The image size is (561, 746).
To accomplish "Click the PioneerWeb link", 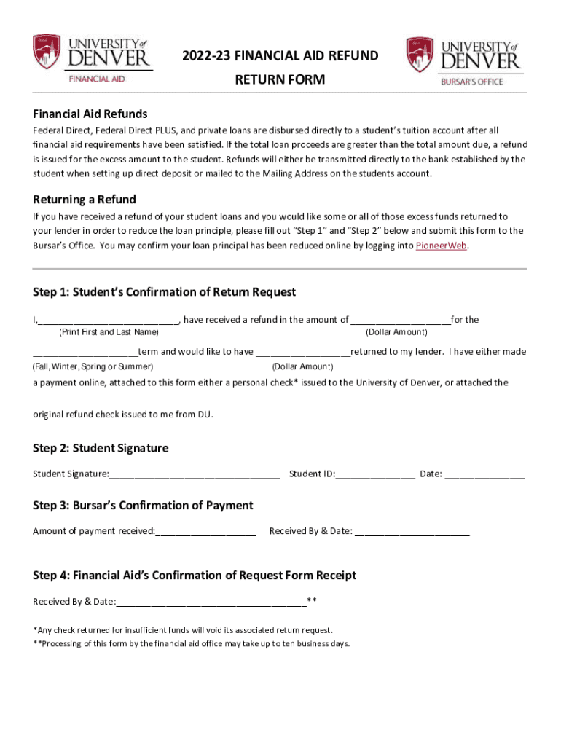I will pyautogui.click(x=442, y=246).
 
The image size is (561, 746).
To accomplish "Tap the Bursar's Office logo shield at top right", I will pyautogui.click(x=420, y=55).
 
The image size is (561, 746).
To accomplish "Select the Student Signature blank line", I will pyautogui.click(x=195, y=475).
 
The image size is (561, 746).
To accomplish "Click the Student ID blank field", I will pyautogui.click(x=375, y=475).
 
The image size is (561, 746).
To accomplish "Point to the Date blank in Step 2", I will pyautogui.click(x=484, y=475).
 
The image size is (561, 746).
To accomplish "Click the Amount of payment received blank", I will pyautogui.click(x=205, y=532).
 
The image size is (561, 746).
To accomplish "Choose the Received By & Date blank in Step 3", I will pyautogui.click(x=412, y=532).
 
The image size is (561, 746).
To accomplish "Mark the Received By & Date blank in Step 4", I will pyautogui.click(x=211, y=602).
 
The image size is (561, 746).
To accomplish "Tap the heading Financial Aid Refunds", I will pyautogui.click(x=90, y=114).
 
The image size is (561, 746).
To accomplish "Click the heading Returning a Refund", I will pyautogui.click(x=85, y=200).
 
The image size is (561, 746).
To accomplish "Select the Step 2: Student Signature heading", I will pyautogui.click(x=101, y=448).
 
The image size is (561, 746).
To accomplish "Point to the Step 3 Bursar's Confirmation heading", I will pyautogui.click(x=143, y=506).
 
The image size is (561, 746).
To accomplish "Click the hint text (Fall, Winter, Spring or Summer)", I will pyautogui.click(x=93, y=366).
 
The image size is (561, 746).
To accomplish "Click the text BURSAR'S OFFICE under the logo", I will pyautogui.click(x=471, y=82).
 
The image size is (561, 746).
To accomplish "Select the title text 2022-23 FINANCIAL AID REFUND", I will pyautogui.click(x=280, y=56).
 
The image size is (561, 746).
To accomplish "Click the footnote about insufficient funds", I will pyautogui.click(x=183, y=629).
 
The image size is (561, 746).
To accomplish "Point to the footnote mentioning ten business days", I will pyautogui.click(x=192, y=643).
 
